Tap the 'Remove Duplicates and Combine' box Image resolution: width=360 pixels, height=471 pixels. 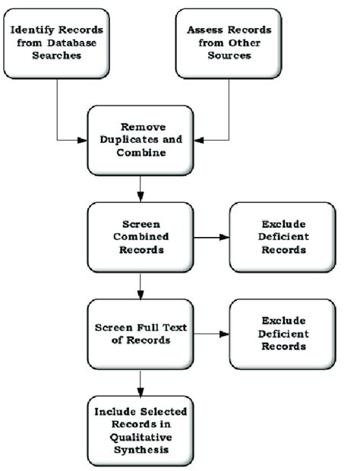pos(140,139)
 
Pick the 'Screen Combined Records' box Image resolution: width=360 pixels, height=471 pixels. pos(140,237)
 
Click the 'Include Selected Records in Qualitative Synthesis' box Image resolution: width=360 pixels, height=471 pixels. pos(140,431)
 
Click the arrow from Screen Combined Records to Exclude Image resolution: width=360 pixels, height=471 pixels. pos(210,237)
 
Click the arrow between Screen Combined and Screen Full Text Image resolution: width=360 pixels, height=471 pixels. pos(140,285)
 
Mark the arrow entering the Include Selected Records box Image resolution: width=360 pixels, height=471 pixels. pos(140,382)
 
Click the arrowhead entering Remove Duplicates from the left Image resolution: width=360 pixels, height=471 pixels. pos(83,140)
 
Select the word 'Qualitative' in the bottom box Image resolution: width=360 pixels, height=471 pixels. pos(140,438)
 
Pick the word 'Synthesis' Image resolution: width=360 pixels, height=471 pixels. pos(140,451)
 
